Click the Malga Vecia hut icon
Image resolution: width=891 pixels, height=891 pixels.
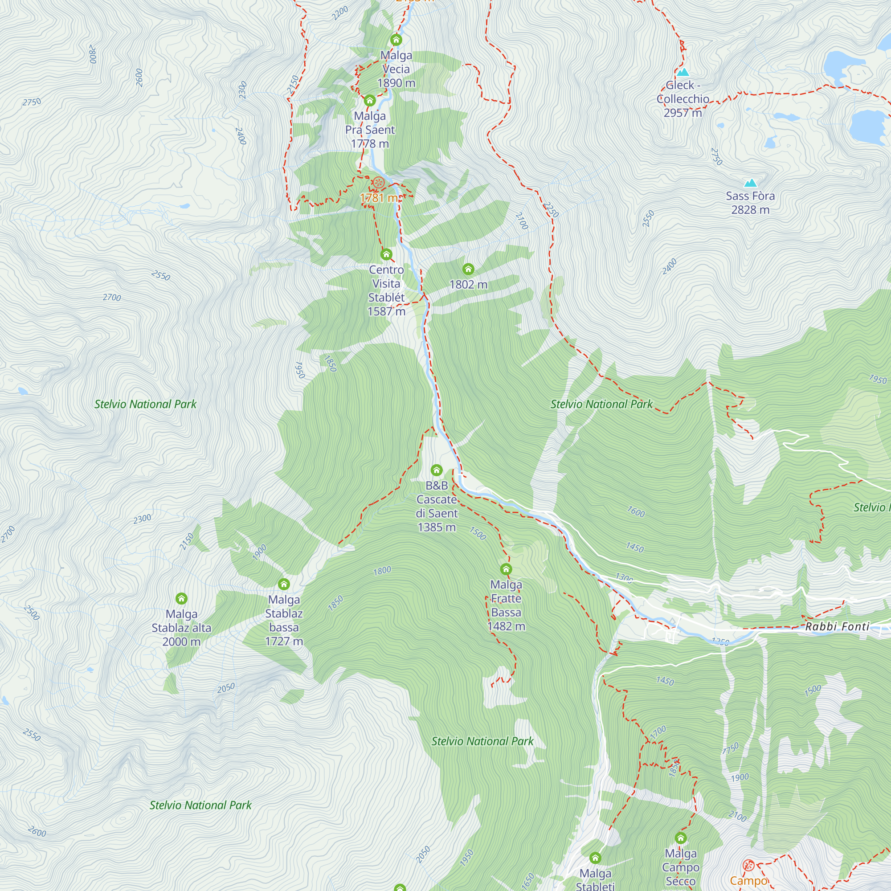click(x=396, y=40)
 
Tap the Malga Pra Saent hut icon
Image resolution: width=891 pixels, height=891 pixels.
click(x=369, y=100)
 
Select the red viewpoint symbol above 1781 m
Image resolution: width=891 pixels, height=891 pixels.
click(x=378, y=183)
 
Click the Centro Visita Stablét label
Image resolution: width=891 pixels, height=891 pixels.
click(x=386, y=290)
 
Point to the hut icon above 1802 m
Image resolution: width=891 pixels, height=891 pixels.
click(x=468, y=269)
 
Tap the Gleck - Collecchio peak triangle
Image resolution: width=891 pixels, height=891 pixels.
click(x=683, y=72)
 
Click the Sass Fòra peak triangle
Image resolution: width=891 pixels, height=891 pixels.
click(x=750, y=183)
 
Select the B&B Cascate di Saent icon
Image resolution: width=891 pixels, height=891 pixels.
click(x=436, y=470)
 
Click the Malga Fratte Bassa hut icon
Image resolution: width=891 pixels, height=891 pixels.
click(x=506, y=568)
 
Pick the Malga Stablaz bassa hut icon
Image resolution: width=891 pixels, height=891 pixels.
click(x=284, y=584)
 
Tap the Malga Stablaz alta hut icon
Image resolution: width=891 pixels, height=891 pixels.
click(x=181, y=599)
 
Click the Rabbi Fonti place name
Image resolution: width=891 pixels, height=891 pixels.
click(x=837, y=626)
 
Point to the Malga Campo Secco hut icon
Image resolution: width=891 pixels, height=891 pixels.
click(x=681, y=838)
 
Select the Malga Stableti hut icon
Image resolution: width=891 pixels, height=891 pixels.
click(x=595, y=858)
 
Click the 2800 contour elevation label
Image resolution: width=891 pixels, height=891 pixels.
click(x=93, y=54)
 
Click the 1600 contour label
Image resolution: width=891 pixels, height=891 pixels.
click(x=636, y=511)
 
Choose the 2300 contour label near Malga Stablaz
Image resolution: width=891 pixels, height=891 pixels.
click(x=142, y=519)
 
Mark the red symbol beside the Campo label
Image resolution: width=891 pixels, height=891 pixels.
click(x=748, y=865)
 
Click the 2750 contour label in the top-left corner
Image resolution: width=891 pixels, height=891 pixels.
click(x=32, y=102)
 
